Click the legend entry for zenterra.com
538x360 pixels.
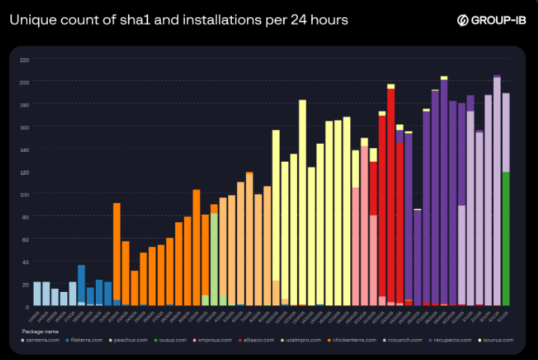(x=42, y=341)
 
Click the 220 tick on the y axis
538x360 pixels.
(x=25, y=59)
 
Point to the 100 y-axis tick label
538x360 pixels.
(x=25, y=195)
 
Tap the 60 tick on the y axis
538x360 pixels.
(x=25, y=240)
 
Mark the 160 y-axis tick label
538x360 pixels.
(x=25, y=127)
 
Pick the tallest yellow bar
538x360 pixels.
(x=302, y=202)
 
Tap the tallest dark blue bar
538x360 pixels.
(x=82, y=284)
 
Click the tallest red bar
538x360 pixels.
(x=391, y=195)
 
